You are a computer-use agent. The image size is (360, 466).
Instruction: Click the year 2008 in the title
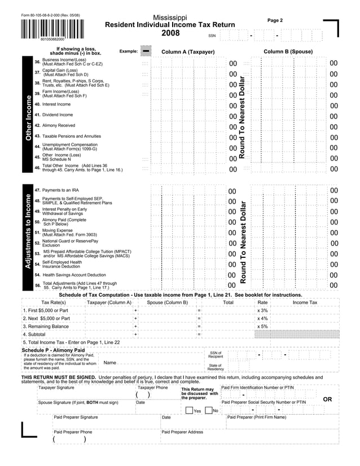(x=170, y=34)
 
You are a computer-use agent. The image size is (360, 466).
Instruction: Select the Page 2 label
(x=275, y=20)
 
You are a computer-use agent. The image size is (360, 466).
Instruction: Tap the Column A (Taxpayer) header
(x=188, y=52)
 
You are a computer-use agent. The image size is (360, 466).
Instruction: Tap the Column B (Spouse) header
(x=288, y=52)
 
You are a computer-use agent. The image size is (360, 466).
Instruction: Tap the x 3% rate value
(x=262, y=310)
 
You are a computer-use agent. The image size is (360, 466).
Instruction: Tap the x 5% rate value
(x=262, y=326)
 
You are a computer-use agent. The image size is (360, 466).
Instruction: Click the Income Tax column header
(x=305, y=302)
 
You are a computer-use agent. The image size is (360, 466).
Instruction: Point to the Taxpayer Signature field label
(x=56, y=388)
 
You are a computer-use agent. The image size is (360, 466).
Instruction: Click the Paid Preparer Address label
(x=182, y=432)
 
